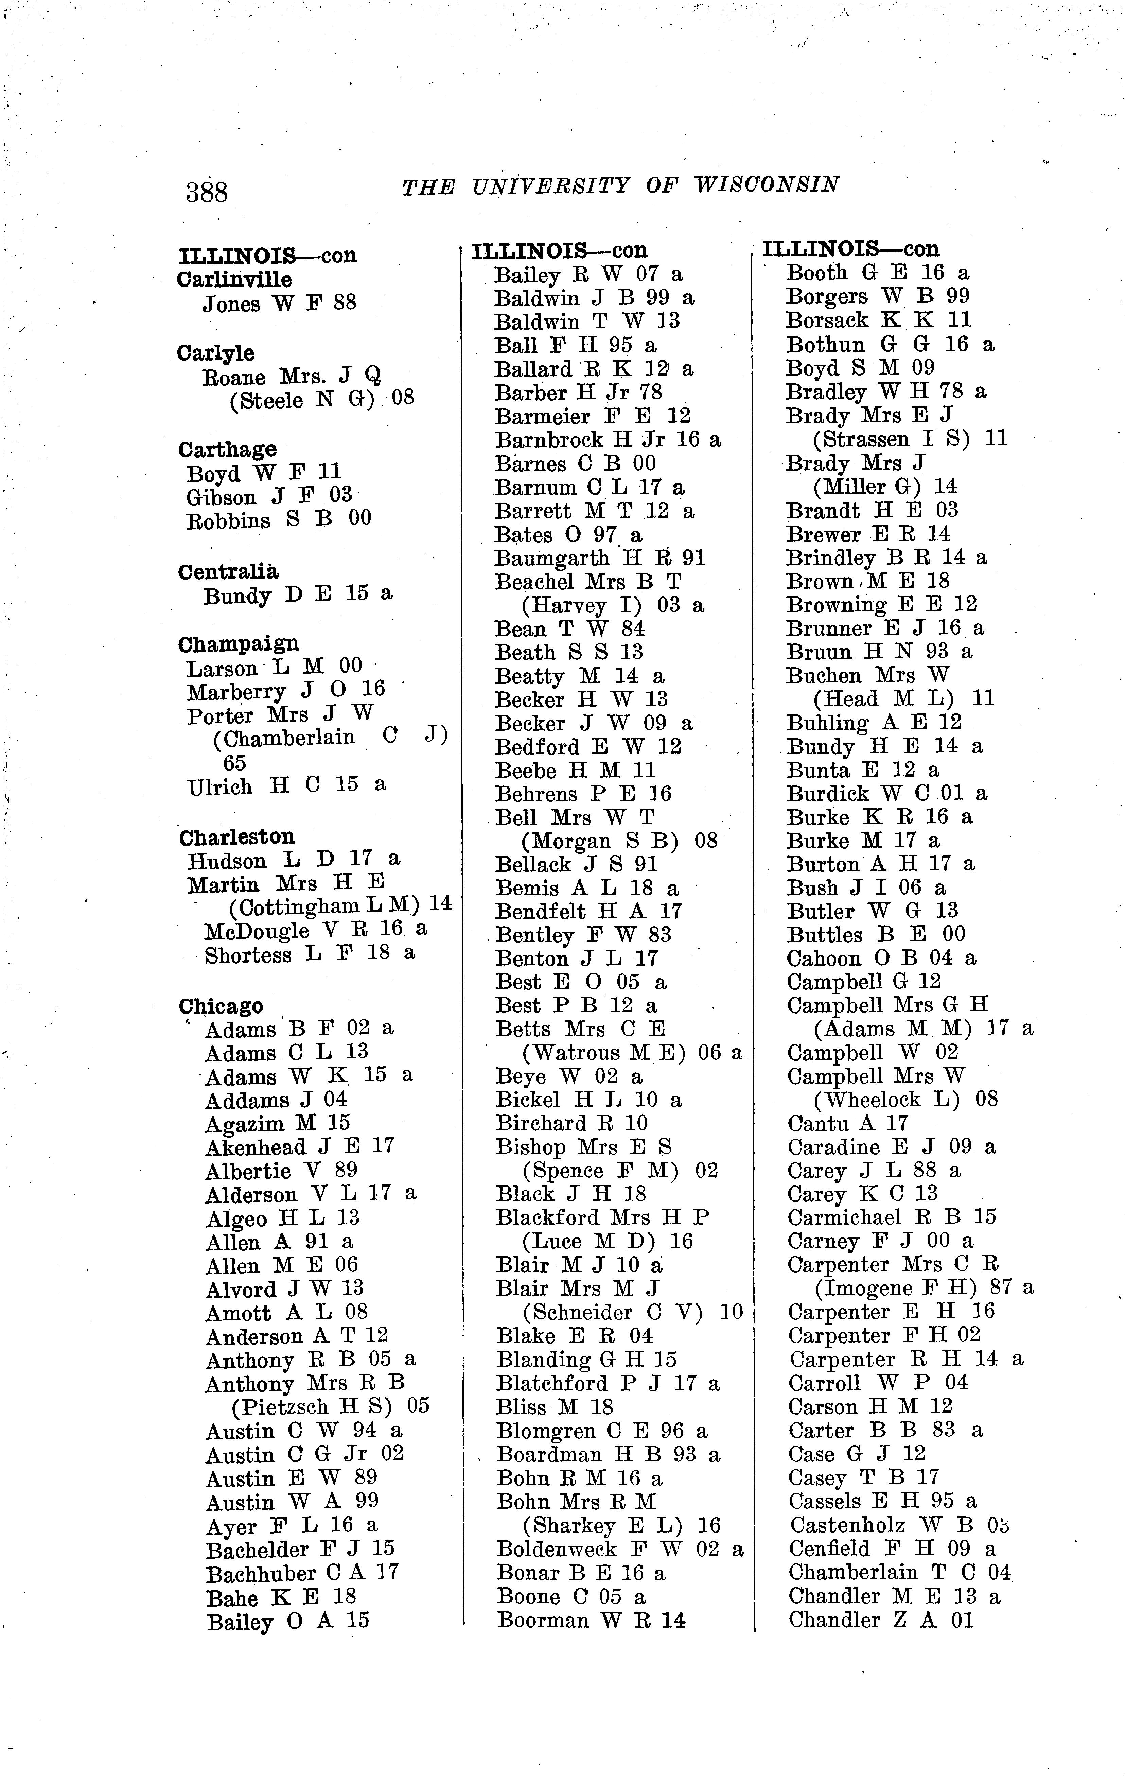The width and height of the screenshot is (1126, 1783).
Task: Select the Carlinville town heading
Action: [x=234, y=280]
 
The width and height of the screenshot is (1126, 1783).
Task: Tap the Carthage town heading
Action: [x=227, y=449]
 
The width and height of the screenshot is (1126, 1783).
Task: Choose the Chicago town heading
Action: [x=221, y=1006]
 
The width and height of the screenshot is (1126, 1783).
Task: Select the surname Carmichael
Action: [x=844, y=1217]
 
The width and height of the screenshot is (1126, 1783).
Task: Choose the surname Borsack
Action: [x=827, y=321]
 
